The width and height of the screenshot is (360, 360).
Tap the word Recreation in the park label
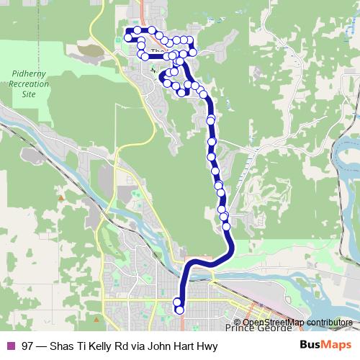30,84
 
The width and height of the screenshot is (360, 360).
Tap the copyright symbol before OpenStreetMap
238,322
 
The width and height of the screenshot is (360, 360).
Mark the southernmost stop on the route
179,310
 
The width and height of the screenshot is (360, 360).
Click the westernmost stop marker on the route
127,37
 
